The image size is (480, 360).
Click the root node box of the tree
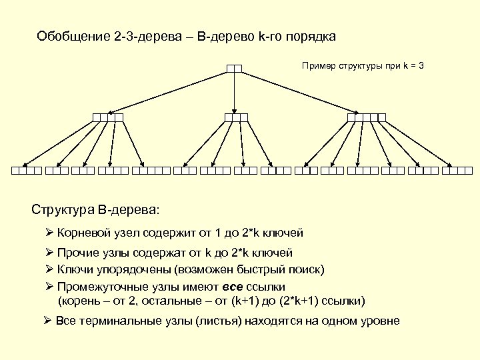(233, 68)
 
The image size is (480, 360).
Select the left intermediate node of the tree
(108, 117)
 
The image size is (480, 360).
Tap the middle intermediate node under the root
(236, 117)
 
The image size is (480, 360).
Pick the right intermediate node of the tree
(367, 117)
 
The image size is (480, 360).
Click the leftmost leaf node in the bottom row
(26, 171)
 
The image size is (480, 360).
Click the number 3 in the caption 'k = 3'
(420, 67)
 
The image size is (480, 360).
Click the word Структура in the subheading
(63, 210)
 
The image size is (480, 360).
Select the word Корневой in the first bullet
(82, 233)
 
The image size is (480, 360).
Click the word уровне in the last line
(381, 321)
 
